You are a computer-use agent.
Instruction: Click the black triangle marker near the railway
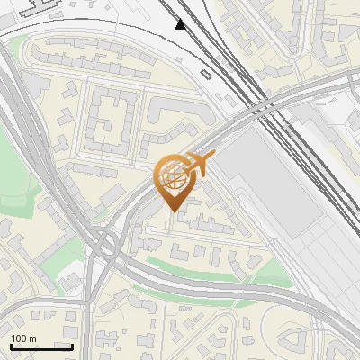(182, 24)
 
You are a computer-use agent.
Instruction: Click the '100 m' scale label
(23, 338)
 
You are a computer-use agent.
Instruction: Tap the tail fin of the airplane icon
(211, 157)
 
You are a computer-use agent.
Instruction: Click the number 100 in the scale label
(19, 338)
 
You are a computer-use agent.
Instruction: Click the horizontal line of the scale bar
(40, 346)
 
